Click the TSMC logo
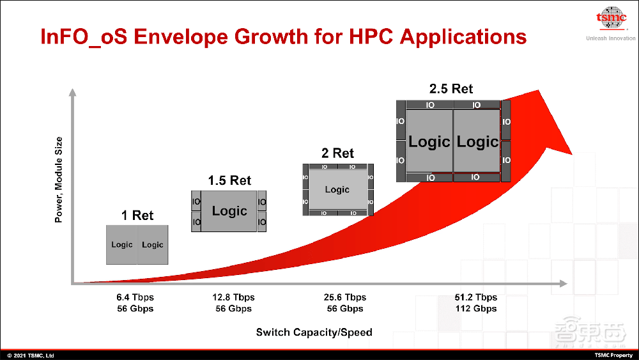[x=611, y=19]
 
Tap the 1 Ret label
[x=137, y=215]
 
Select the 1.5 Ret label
[x=229, y=180]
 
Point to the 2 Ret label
[x=337, y=153]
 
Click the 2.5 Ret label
[x=451, y=88]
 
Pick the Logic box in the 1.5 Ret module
[x=229, y=211]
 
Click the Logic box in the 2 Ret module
[x=337, y=189]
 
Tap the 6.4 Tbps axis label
[x=135, y=297]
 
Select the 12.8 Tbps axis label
[x=233, y=297]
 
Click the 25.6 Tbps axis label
[x=345, y=297]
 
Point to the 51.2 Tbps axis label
[x=476, y=297]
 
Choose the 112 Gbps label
[x=476, y=309]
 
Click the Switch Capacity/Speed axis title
[x=314, y=333]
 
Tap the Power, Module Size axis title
[x=59, y=180]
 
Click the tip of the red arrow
[x=539, y=90]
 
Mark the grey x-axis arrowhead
[x=564, y=283]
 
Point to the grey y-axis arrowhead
[x=73, y=92]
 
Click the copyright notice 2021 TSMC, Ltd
[x=31, y=356]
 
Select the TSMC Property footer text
[x=613, y=356]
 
